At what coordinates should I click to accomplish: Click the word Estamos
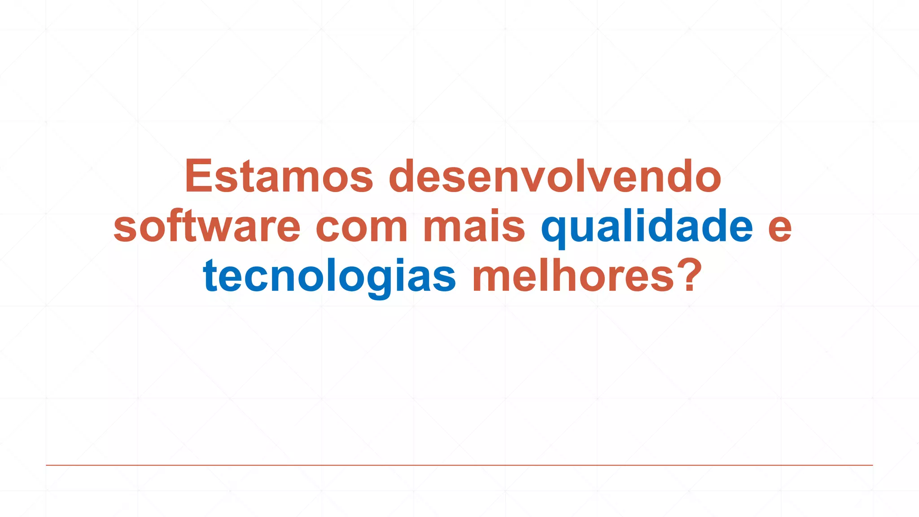(279, 176)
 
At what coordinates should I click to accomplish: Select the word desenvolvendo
(555, 176)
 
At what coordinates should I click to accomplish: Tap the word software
(207, 227)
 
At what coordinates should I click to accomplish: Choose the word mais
(474, 227)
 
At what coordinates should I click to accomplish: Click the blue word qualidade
(647, 227)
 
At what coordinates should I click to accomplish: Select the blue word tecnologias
(329, 276)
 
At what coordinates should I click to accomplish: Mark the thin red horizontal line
(459, 465)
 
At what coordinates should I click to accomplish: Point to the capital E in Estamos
(198, 176)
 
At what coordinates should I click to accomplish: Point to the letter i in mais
(498, 227)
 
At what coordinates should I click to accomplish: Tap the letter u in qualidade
(583, 228)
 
